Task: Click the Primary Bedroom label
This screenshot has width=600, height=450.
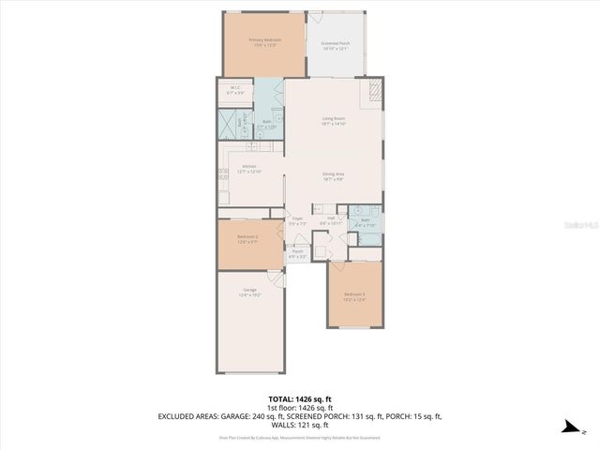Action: [x=264, y=40]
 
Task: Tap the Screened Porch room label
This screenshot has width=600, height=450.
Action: [x=336, y=43]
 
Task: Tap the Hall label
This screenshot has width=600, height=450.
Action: [x=331, y=218]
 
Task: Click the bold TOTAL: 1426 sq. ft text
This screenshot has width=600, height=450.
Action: [x=300, y=398]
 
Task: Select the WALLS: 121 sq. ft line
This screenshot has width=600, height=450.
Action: [x=300, y=424]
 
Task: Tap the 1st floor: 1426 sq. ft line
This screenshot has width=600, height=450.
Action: [x=300, y=408]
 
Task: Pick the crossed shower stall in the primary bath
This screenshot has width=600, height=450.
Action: [x=228, y=124]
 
